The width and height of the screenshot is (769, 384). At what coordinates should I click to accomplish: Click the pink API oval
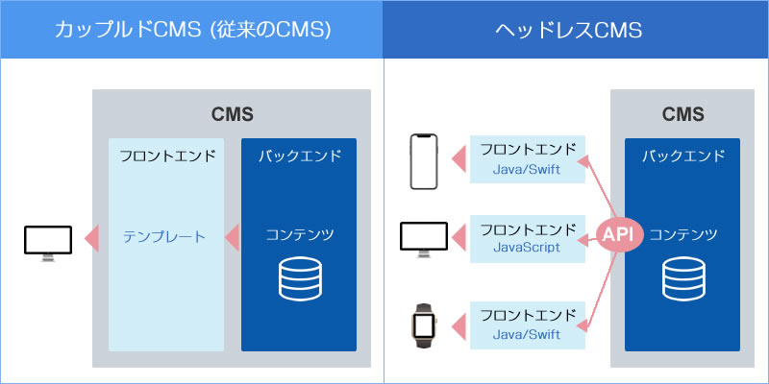click(615, 235)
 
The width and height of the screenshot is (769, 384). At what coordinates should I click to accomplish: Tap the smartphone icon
click(424, 161)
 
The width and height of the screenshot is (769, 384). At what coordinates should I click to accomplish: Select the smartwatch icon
click(424, 325)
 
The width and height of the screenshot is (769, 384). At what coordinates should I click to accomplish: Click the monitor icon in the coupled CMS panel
click(48, 244)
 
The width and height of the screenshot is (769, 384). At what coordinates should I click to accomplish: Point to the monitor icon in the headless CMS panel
click(424, 239)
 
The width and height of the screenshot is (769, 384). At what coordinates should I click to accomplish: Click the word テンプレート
click(164, 237)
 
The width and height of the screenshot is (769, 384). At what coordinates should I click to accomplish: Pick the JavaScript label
click(526, 247)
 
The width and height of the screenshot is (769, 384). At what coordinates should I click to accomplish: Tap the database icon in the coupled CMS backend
click(300, 278)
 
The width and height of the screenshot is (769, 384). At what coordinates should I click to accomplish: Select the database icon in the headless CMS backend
click(683, 278)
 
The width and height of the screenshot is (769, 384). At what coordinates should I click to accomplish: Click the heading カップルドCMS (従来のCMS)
click(192, 31)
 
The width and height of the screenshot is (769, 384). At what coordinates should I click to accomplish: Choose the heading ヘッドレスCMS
click(568, 31)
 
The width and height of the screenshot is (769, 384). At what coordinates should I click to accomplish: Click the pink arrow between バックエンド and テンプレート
click(232, 237)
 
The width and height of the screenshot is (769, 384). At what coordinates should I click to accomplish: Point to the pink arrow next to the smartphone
click(459, 158)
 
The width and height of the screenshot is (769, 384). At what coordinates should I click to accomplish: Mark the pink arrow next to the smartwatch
click(459, 326)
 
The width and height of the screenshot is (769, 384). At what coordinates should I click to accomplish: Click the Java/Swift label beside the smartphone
click(527, 170)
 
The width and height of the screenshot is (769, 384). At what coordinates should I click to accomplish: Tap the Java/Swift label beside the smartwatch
click(527, 335)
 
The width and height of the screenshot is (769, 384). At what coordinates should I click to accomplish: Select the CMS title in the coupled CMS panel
click(233, 114)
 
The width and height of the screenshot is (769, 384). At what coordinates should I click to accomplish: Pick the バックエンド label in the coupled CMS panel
click(300, 156)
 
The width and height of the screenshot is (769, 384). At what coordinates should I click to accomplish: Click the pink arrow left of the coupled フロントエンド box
click(91, 237)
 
